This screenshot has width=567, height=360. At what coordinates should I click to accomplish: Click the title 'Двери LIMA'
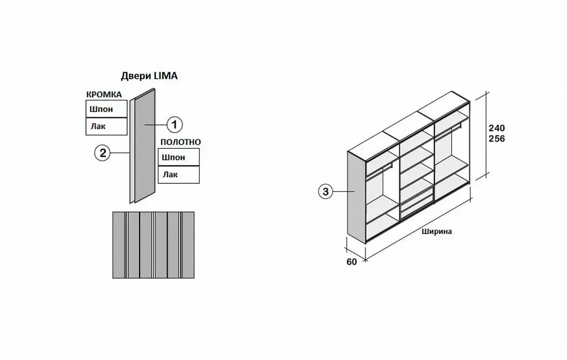[149, 76]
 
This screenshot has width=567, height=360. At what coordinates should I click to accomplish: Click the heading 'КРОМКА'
[104, 95]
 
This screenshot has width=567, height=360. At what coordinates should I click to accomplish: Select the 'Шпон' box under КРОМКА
[106, 109]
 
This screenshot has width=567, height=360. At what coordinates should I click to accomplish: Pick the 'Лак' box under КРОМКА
[106, 126]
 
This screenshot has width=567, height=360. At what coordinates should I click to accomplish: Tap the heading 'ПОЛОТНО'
[180, 142]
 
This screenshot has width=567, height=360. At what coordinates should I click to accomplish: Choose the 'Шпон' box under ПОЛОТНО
[178, 157]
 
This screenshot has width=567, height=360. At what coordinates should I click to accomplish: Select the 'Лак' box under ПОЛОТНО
[178, 174]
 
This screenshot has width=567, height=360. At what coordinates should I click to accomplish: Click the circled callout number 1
[174, 125]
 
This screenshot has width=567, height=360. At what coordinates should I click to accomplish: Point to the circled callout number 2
[102, 154]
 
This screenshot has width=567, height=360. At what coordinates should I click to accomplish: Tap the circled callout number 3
[325, 191]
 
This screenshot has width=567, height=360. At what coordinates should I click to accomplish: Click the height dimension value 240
[497, 129]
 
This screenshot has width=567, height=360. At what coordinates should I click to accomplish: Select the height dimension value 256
[497, 138]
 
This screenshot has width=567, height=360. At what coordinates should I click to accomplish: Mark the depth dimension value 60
[352, 262]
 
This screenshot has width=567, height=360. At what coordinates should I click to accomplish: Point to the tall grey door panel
[145, 146]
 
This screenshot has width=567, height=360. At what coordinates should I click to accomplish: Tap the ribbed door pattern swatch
[153, 245]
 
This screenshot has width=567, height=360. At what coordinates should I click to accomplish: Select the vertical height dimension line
[484, 135]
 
